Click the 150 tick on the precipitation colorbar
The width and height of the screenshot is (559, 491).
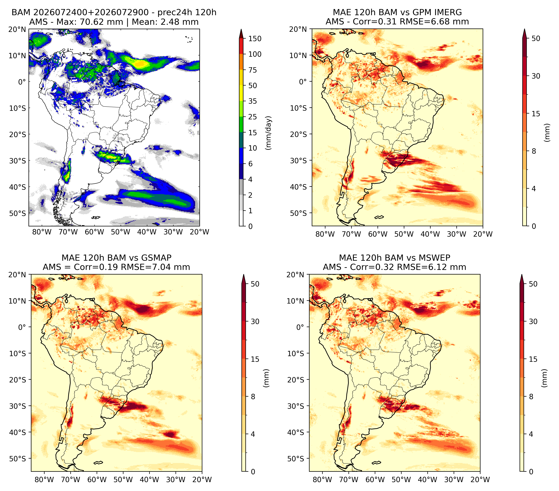click(255, 39)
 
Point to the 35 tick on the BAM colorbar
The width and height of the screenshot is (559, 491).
click(252, 101)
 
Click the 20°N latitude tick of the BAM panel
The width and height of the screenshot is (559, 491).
click(17, 29)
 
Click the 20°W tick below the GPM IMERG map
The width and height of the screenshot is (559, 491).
click(483, 234)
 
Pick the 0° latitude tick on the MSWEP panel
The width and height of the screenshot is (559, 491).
click(300, 327)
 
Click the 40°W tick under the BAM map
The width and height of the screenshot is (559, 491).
click(147, 232)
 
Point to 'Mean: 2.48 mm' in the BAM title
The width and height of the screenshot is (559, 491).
click(165, 22)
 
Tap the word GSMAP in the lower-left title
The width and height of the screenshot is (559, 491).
click(156, 258)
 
